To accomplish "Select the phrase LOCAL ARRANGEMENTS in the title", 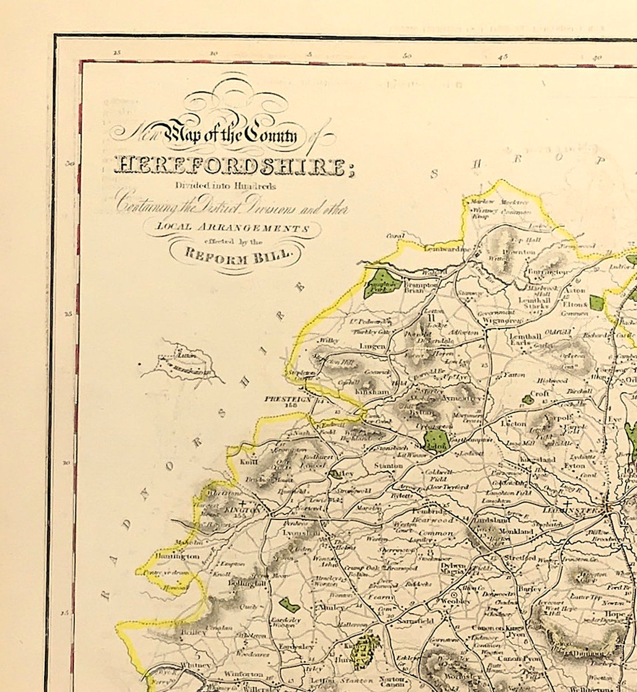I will [233, 227].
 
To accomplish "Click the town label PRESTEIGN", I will [288, 399].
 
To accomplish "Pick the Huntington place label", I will [177, 556].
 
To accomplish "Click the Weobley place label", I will [456, 601].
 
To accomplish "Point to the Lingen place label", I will [372, 346].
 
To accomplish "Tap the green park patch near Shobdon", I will [436, 441].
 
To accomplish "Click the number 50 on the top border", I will [407, 56].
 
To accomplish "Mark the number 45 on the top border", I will [503, 57].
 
